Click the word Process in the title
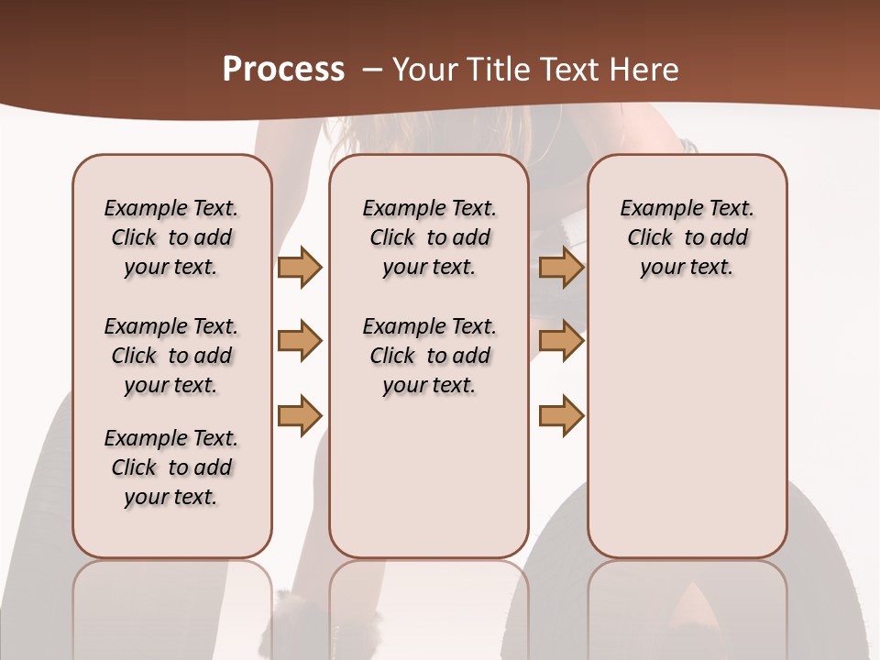283,70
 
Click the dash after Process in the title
372,71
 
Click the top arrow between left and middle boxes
300,267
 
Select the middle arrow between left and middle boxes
300,341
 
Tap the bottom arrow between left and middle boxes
300,415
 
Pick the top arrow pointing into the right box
561,267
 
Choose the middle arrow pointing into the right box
561,341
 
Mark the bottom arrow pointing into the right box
561,415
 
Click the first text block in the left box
171,237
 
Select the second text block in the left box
171,356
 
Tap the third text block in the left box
171,467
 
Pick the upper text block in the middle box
429,237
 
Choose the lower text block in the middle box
429,356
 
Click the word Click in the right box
650,237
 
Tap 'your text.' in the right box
687,267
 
